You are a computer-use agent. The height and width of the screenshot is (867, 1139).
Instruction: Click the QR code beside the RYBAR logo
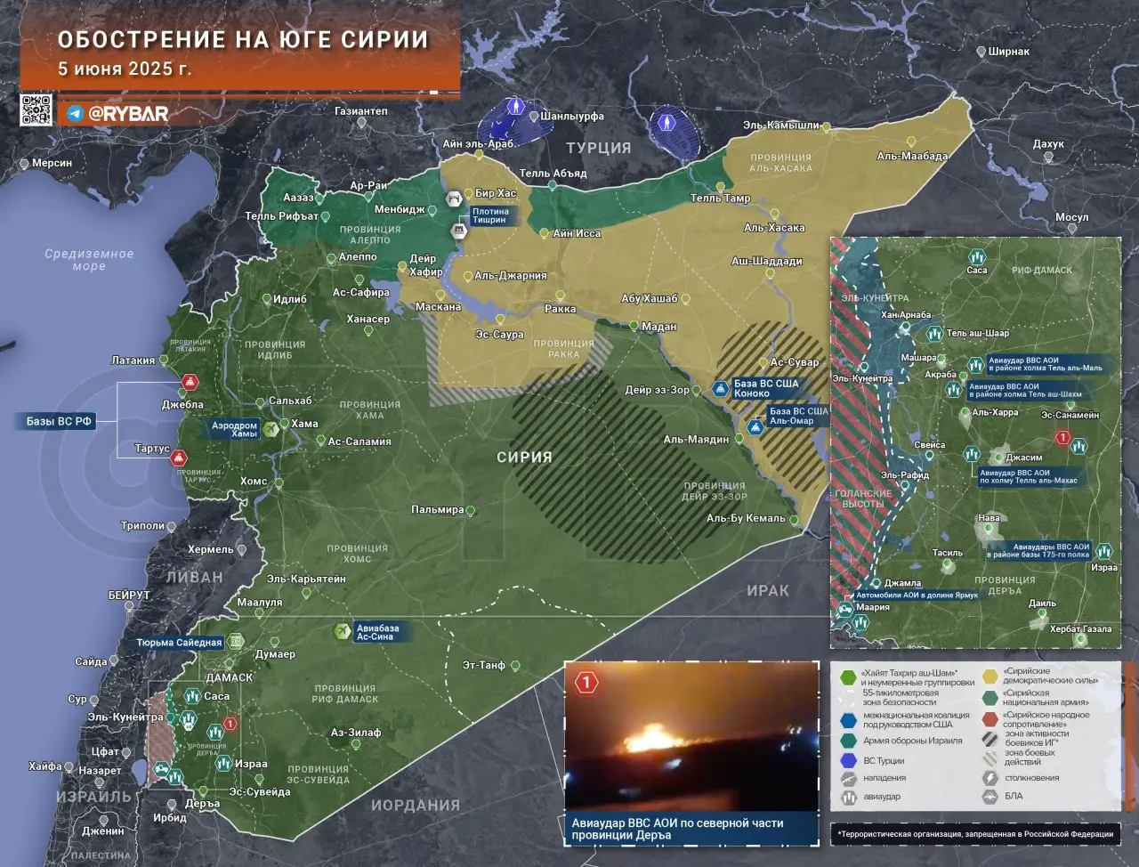(36, 110)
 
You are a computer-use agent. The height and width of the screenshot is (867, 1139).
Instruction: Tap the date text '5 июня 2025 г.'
(124, 69)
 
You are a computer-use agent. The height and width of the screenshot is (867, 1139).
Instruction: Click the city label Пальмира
(438, 510)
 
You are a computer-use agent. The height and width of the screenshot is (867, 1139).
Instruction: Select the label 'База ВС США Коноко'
(764, 388)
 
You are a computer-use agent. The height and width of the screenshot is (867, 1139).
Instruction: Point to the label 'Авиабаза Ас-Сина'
(377, 632)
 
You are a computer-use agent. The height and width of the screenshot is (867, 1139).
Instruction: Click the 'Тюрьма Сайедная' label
(179, 642)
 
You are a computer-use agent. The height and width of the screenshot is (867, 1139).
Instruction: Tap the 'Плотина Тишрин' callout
(489, 215)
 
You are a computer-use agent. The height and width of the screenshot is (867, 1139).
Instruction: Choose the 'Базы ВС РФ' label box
(59, 421)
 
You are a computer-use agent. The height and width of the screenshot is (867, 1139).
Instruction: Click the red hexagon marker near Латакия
(189, 383)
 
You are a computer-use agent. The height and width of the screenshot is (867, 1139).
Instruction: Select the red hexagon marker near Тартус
(179, 458)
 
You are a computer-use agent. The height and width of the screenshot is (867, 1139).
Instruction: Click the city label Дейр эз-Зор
(656, 390)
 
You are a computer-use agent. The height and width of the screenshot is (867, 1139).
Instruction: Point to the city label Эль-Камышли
(780, 126)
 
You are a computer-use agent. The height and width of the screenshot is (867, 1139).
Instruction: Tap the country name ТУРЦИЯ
(599, 149)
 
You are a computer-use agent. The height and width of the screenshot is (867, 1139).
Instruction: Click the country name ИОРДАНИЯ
(416, 805)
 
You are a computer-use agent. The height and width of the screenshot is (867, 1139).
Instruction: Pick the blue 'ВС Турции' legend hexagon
(848, 761)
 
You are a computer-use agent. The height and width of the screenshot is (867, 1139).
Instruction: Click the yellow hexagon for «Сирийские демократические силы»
(990, 676)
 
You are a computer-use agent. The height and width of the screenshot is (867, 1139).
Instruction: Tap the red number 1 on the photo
(586, 684)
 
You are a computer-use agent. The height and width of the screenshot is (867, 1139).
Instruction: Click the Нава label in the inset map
(989, 517)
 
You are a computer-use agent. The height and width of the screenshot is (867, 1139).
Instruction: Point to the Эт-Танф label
(483, 665)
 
